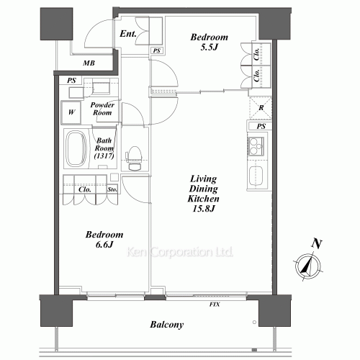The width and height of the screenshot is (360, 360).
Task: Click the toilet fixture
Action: pos(133,158)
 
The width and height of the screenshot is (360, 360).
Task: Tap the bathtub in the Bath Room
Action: pos(76,148)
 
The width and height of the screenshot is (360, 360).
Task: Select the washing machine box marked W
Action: pos(71,112)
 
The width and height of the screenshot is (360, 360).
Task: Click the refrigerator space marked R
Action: pos(261,108)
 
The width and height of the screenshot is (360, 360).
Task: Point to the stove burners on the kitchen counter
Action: pos(256,146)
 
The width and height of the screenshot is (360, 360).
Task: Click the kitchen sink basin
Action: pos(256,176)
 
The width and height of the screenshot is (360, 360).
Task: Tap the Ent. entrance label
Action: pos(128,34)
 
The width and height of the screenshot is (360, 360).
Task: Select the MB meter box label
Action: pos(89,63)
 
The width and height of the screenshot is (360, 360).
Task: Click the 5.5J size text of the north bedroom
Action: pos(209,47)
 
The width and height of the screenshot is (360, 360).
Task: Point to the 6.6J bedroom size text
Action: pos(104,245)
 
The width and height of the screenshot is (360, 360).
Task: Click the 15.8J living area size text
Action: pos(204,209)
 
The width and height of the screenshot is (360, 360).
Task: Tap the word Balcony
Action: pos(167,325)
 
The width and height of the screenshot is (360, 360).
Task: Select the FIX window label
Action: pos(215,305)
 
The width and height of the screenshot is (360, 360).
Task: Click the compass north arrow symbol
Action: pos(308,266)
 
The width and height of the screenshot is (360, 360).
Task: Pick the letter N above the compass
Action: pos(317,243)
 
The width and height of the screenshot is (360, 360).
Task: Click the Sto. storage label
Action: pos(112,189)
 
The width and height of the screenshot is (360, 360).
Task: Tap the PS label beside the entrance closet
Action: pos(156,50)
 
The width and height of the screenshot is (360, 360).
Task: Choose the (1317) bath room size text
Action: pos(104,156)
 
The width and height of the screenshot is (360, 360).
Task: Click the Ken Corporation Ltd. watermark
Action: pos(180,252)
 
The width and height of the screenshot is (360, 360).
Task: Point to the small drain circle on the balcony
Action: pos(254,322)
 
